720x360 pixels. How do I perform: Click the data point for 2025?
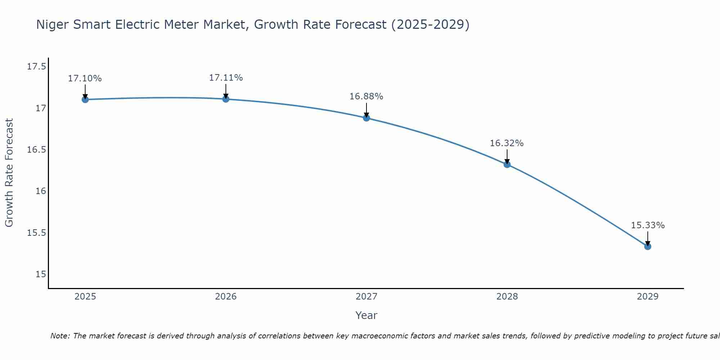tap(85, 99)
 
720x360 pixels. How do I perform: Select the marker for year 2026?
tap(226, 99)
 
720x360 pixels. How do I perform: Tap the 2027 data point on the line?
tap(366, 118)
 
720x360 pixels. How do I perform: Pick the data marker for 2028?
tap(507, 165)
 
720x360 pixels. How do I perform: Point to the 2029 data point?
tap(648, 247)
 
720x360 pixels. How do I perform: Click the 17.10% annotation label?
tap(85, 78)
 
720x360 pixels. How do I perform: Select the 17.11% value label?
tap(226, 78)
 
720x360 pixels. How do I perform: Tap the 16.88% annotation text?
tap(366, 96)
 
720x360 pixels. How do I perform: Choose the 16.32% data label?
tap(507, 143)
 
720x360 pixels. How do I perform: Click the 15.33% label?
tap(648, 225)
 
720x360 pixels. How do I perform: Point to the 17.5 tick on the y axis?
tap(36, 67)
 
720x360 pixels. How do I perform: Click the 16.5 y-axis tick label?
tap(36, 150)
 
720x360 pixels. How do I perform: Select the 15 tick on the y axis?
tap(41, 274)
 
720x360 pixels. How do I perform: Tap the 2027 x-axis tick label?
tap(366, 297)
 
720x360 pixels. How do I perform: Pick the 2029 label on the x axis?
tap(648, 297)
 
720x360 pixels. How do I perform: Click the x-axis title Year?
tap(366, 315)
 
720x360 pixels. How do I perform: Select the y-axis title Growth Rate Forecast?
tap(9, 173)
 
